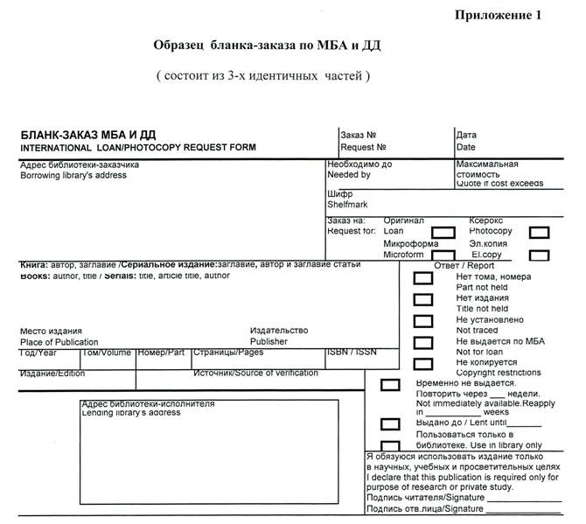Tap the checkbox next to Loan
pos(444,232)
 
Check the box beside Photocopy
pos(539,232)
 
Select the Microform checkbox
pos(444,255)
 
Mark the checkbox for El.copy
pos(539,255)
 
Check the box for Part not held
pos(422,278)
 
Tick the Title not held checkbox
pos(422,300)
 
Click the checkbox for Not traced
pos(422,322)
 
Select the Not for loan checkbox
pos(422,343)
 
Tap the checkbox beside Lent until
pos(390,424)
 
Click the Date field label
pos(465,147)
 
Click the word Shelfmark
pos(348,204)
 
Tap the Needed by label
pos(349,175)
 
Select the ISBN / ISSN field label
pos(351,352)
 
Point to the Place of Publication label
pos(59,342)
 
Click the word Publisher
pos(269,342)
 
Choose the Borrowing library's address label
pos(73,175)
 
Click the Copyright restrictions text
pos(499,373)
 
